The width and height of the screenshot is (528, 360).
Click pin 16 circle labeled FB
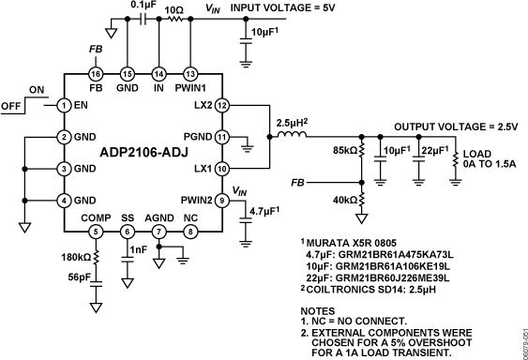click(95, 74)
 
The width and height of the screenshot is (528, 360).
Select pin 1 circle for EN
click(64, 105)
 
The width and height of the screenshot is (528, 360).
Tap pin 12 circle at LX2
click(222, 105)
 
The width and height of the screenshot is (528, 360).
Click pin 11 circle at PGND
click(222, 137)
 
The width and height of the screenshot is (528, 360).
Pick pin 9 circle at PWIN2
click(222, 201)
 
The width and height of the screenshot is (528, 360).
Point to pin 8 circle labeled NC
click(190, 232)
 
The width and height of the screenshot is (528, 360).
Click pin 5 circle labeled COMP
click(95, 232)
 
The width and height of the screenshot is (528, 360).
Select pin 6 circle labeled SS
click(127, 232)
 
